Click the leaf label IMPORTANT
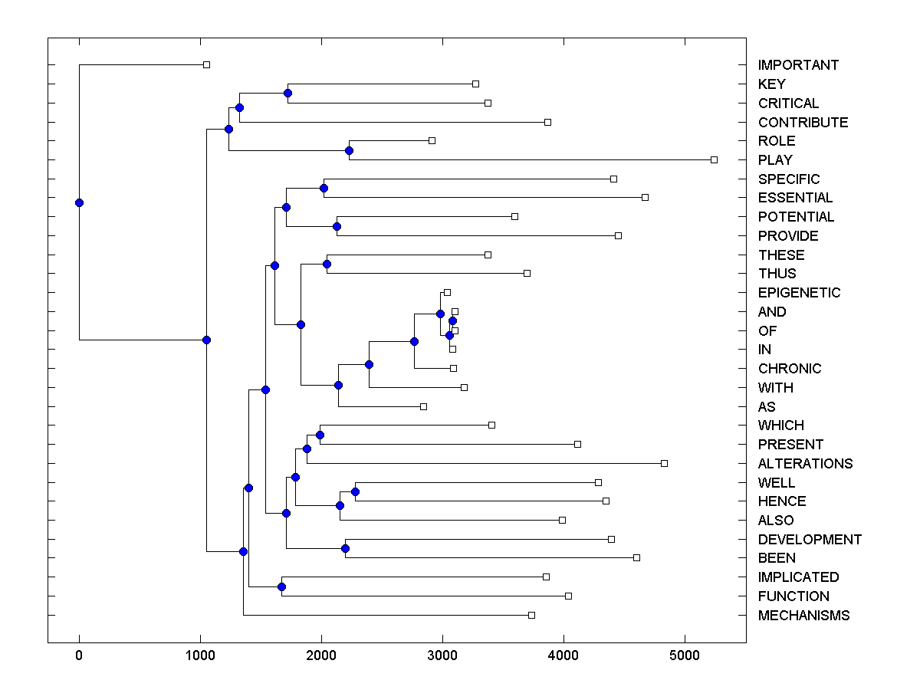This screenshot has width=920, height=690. (798, 65)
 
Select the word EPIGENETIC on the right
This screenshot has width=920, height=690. (799, 293)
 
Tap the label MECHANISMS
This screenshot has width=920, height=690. (803, 616)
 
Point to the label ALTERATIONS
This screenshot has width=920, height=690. (805, 464)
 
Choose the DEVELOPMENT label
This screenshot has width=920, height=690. (810, 540)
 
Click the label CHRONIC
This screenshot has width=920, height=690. (790, 369)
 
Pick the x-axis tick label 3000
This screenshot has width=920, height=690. (442, 655)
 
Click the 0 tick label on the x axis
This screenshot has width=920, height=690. (79, 655)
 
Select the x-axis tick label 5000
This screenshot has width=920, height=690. (685, 655)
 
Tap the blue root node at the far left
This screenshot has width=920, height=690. (79, 202)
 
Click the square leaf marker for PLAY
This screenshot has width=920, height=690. (714, 159)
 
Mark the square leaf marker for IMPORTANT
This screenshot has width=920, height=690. (206, 64)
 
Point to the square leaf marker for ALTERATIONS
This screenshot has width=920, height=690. (664, 463)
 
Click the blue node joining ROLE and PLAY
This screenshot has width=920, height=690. (349, 150)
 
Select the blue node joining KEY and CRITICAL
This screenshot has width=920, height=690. (287, 94)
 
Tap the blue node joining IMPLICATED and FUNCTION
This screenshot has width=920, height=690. (281, 586)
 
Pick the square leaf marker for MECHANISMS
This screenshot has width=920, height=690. (531, 615)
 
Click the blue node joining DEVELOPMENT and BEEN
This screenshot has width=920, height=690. (345, 548)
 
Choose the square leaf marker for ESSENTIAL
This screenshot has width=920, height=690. (645, 197)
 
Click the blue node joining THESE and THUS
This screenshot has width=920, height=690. (327, 264)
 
